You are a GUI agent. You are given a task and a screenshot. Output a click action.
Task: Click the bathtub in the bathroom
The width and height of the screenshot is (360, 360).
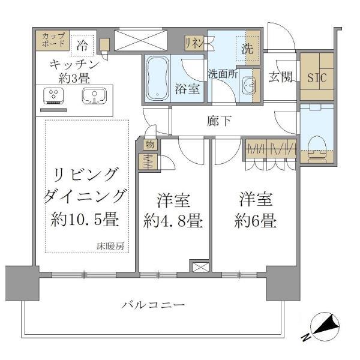point(158,77)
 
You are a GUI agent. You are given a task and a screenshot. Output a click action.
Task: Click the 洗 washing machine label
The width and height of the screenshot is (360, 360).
point(248,49)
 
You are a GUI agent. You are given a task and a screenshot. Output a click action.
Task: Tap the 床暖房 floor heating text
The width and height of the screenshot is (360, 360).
point(112,245)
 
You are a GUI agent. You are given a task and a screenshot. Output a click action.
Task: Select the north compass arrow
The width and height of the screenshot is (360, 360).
point(321,328)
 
